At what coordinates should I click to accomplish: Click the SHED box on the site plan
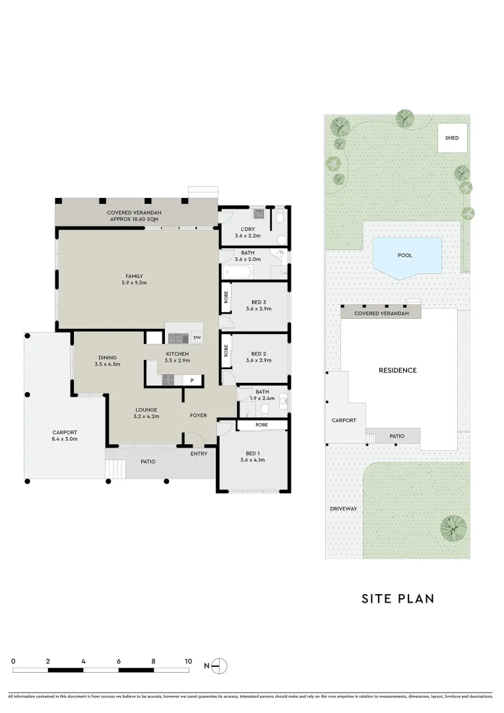[x=452, y=138]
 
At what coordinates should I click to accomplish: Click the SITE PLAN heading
[x=398, y=599]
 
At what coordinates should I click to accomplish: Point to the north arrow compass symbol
[x=220, y=665]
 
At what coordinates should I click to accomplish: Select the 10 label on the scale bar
[x=188, y=661]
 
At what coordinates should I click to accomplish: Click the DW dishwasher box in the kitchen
[x=197, y=338]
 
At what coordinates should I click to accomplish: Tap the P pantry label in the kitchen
[x=192, y=380]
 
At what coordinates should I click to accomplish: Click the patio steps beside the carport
[x=115, y=469]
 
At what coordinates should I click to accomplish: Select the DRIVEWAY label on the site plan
[x=343, y=509]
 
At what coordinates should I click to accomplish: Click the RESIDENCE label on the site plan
[x=397, y=370]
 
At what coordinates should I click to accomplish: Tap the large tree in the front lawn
[x=453, y=527]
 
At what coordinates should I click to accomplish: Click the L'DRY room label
[x=248, y=228]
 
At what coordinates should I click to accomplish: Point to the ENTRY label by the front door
[x=198, y=454]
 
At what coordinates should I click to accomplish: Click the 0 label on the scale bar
[x=13, y=661]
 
